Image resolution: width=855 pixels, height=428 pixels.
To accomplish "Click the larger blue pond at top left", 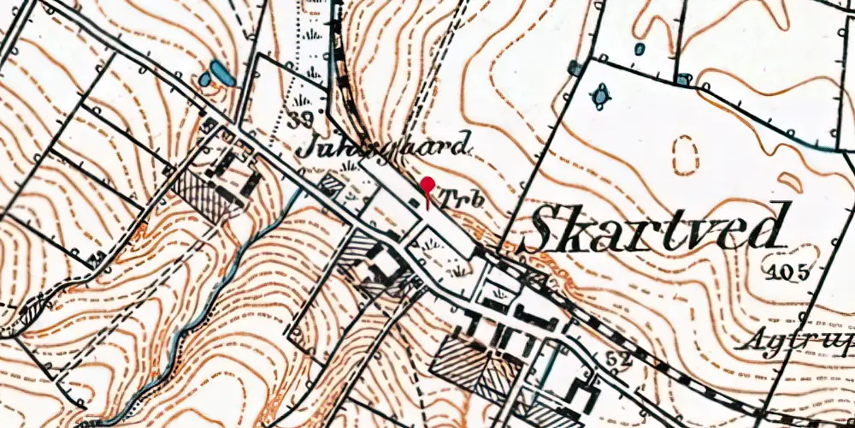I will pos(219,73).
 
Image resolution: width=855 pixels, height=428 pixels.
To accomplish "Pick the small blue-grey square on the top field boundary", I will pos(682,80).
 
